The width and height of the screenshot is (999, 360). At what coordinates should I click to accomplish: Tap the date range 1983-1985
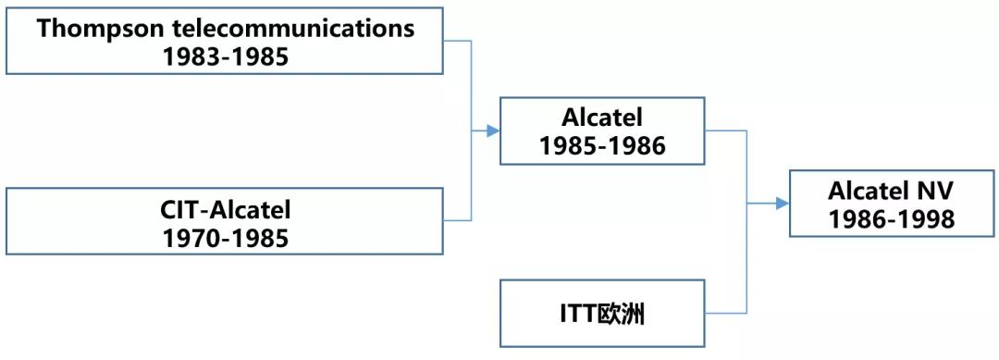pyautogui.click(x=226, y=56)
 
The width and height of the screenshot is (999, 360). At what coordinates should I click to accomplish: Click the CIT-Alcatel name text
pyautogui.click(x=226, y=209)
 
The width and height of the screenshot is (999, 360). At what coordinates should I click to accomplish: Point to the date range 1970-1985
pyautogui.click(x=226, y=238)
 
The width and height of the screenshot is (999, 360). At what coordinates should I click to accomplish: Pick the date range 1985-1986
pyautogui.click(x=602, y=145)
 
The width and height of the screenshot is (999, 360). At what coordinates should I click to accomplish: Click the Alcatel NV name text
pyautogui.click(x=891, y=191)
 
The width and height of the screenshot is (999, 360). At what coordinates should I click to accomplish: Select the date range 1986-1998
pyautogui.click(x=891, y=219)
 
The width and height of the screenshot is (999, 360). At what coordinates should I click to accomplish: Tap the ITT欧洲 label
pyautogui.click(x=602, y=314)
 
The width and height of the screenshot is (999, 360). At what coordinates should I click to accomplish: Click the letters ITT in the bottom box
pyautogui.click(x=576, y=314)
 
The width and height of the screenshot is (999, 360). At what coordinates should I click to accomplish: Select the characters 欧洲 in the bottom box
pyautogui.click(x=620, y=314)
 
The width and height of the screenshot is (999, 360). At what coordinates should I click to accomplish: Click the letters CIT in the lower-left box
pyautogui.click(x=179, y=209)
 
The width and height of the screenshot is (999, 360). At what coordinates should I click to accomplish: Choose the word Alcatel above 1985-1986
pyautogui.click(x=602, y=118)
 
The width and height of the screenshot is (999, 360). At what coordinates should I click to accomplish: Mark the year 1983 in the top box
pyautogui.click(x=191, y=56)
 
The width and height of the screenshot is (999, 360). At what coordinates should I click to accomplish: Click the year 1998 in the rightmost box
pyautogui.click(x=926, y=219)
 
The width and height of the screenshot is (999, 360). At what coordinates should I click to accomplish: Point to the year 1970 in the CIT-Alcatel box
pyautogui.click(x=191, y=238)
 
